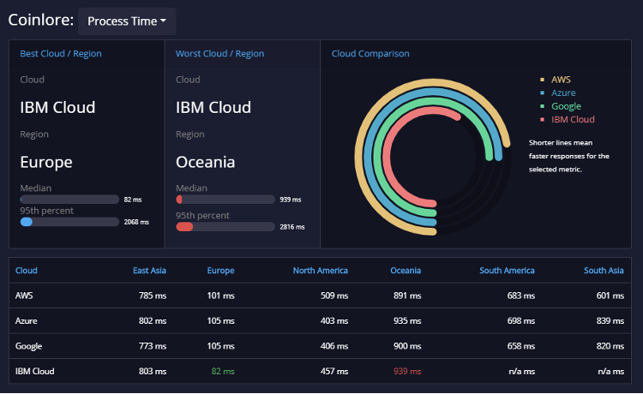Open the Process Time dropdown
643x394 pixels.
coord(127,21)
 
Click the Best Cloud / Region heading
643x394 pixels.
coord(61,54)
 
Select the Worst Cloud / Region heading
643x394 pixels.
coord(219,54)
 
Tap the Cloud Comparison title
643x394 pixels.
coord(370,54)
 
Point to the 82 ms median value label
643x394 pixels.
coord(133,200)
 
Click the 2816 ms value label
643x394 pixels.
coord(292,227)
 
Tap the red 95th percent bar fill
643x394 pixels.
coord(184,227)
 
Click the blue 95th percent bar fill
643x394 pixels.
coord(27,222)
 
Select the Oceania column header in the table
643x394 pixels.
coord(406,271)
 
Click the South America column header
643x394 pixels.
coord(507,271)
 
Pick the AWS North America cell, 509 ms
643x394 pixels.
coord(334,295)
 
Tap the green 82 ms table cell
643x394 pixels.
coord(223,372)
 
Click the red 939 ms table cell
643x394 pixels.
coord(407,372)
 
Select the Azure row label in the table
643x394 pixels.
coord(27,321)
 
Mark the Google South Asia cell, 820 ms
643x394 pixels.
coord(610,346)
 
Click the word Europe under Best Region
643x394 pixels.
coord(46,162)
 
